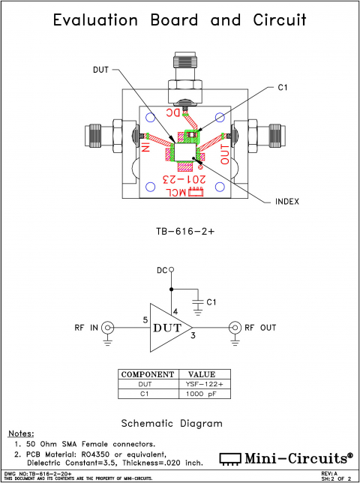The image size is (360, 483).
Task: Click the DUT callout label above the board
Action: coord(100,70)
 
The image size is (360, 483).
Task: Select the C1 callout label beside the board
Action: coord(283,88)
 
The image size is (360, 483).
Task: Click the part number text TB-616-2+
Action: coord(180,232)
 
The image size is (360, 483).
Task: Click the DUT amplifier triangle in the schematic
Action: coord(166,328)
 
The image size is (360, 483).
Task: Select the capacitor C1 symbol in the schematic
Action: coord(197,301)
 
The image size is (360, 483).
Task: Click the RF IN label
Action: coord(86,328)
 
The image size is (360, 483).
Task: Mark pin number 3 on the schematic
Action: coord(193,334)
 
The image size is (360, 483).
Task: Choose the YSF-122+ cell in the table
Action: coord(201,383)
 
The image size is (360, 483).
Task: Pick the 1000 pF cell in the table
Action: coord(201,393)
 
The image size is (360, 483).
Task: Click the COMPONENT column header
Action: coord(148,373)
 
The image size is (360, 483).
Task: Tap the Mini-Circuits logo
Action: coord(285,457)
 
